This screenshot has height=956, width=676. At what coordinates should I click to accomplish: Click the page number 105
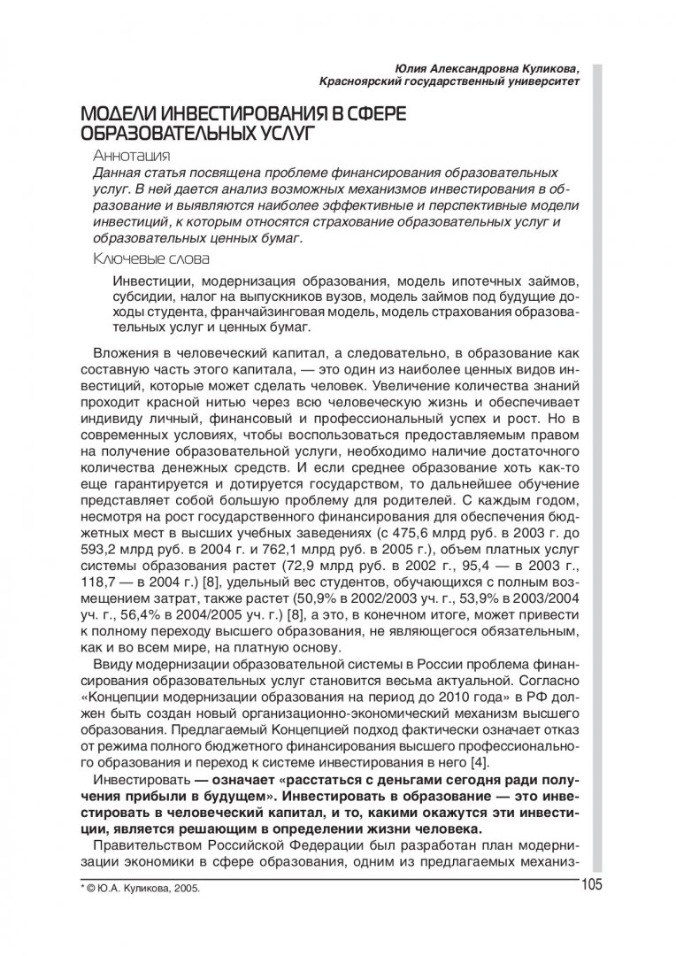[x=591, y=887]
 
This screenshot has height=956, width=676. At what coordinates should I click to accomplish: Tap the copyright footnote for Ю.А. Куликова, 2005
[x=141, y=889]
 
